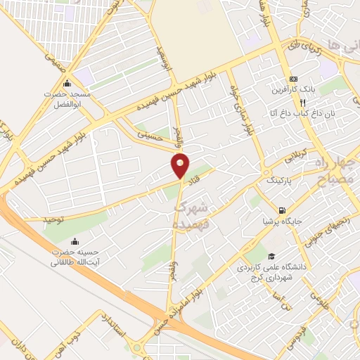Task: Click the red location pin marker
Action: coord(181,165)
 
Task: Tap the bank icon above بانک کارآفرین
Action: coord(293,79)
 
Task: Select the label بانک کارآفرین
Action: coord(293,91)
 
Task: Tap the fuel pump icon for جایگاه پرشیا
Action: coord(283,210)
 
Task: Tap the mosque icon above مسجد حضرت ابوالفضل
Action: coord(67,82)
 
